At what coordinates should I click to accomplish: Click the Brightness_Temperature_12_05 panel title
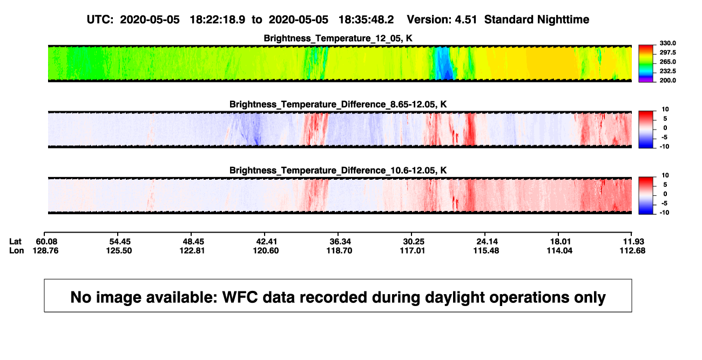pos(338,38)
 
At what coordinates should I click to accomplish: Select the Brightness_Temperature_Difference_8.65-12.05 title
pos(338,104)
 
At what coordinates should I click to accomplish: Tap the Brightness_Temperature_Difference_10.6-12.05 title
pos(338,171)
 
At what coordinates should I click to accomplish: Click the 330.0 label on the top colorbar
pos(667,43)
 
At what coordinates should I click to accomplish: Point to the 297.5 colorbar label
pos(667,52)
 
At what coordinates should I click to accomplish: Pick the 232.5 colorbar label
pos(667,71)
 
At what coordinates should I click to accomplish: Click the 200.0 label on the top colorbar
pos(667,80)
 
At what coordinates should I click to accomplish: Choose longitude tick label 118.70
pos(340,250)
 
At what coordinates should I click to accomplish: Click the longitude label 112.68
pos(632,250)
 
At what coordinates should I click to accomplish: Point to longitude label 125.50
pos(119,250)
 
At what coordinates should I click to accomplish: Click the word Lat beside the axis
pos(15,242)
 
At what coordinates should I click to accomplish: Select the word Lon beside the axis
pos(17,250)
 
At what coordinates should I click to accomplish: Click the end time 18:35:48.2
pos(366,20)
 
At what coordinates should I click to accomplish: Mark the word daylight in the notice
pos(453,297)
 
